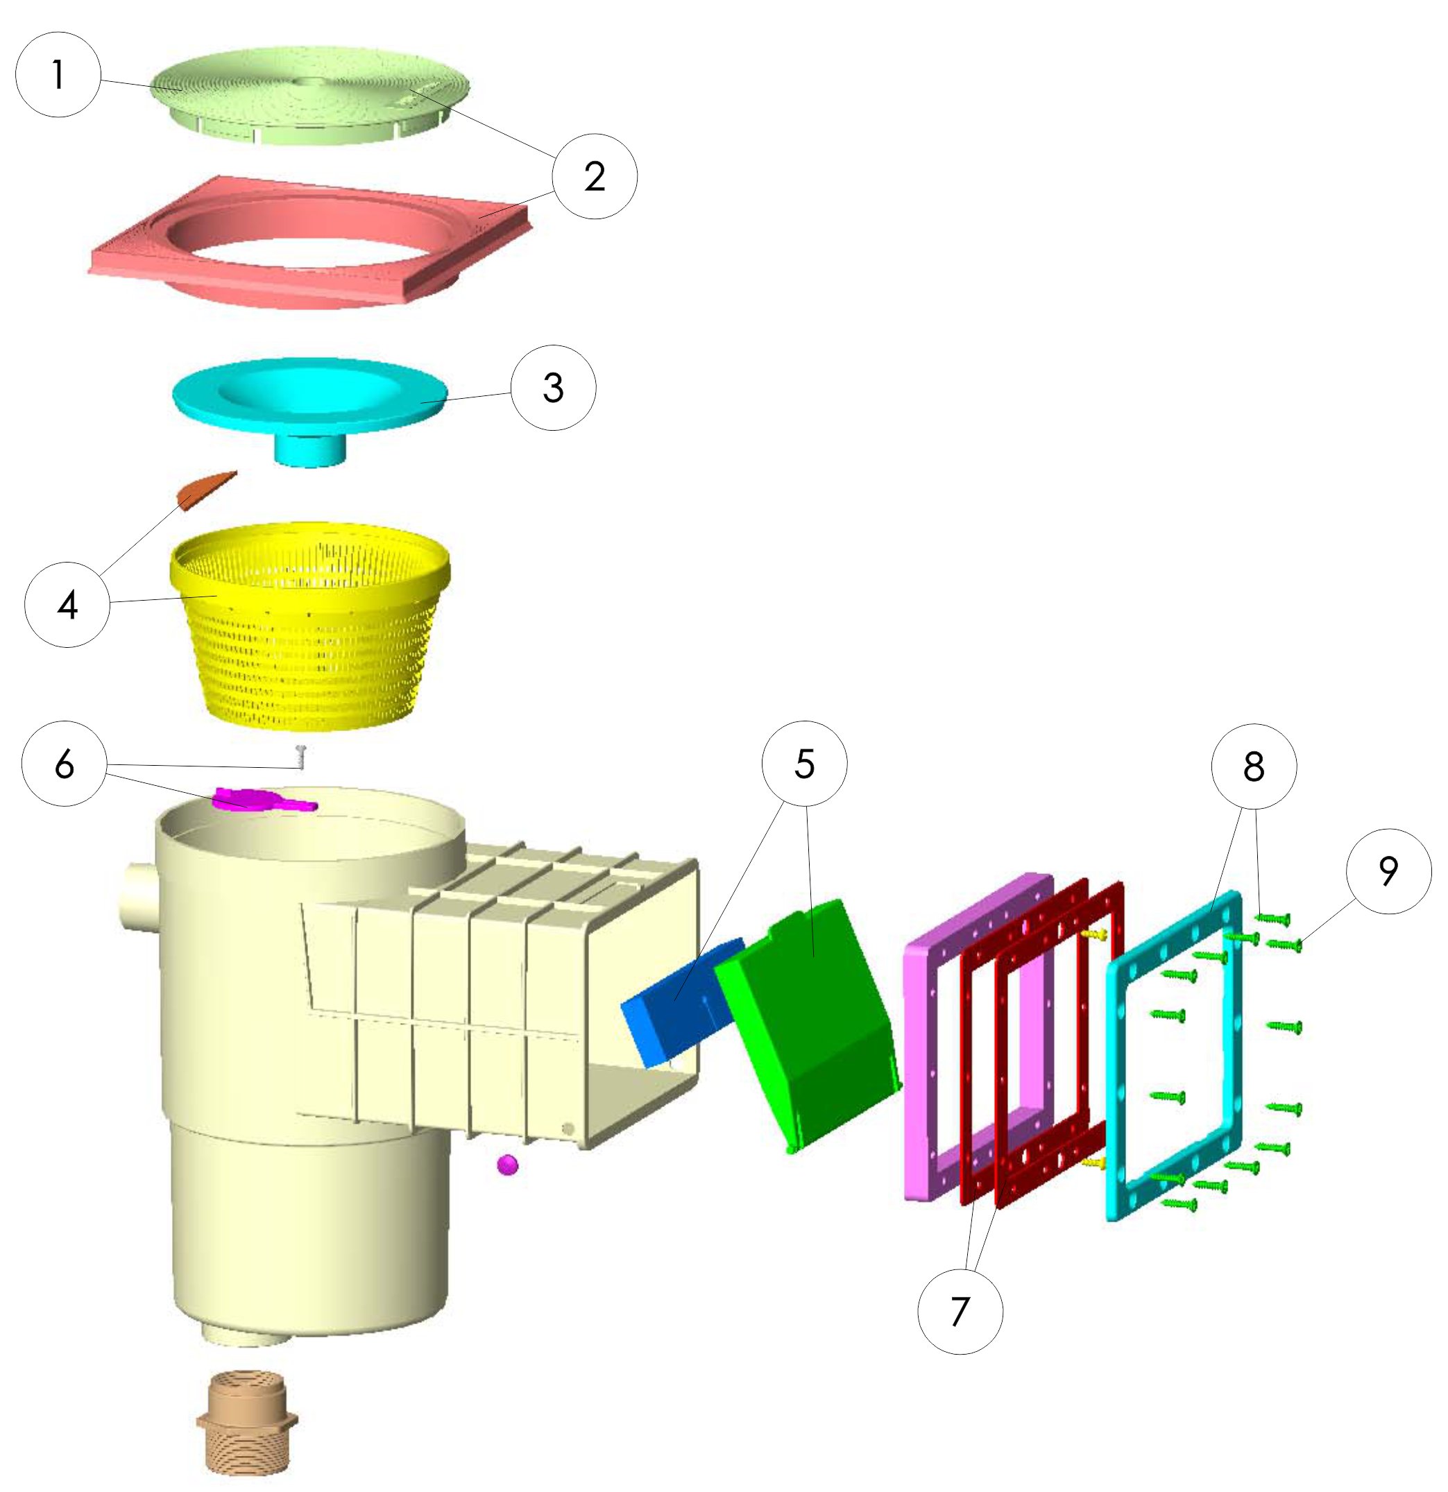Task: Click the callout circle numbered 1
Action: coord(58,75)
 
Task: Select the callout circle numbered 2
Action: coord(595,177)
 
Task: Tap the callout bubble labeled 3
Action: coord(553,388)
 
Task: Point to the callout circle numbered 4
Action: coord(67,604)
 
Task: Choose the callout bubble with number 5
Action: coord(804,764)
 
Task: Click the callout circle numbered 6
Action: coord(65,764)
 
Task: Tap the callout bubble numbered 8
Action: coord(1253,766)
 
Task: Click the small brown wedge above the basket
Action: coord(205,489)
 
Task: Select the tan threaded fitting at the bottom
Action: coord(248,1421)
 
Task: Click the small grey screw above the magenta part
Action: coord(300,757)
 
